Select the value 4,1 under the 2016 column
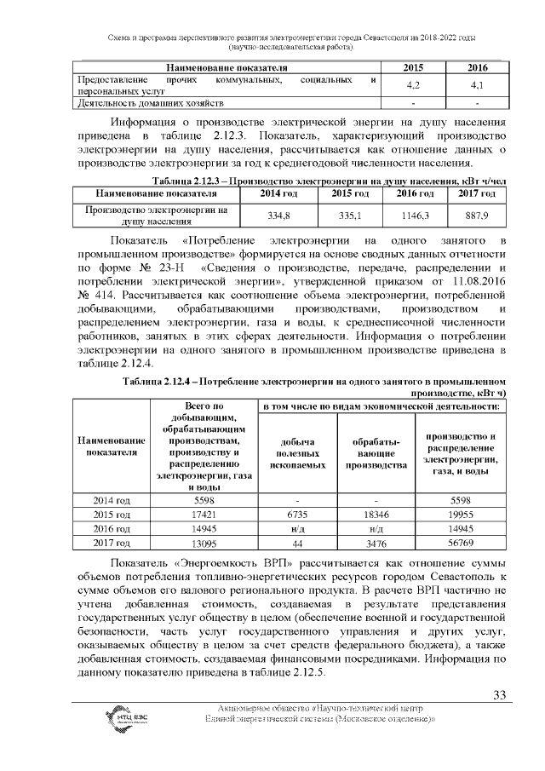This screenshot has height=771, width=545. pyautogui.click(x=478, y=85)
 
